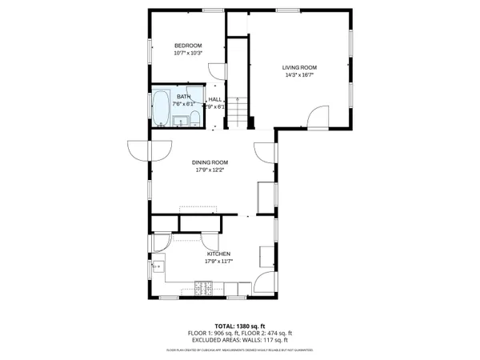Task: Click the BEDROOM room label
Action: (188, 46)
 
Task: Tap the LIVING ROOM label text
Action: (299, 67)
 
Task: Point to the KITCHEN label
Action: (218, 254)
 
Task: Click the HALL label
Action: (215, 99)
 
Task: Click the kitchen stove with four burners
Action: (204, 286)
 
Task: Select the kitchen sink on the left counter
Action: (158, 266)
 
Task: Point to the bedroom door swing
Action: (215, 72)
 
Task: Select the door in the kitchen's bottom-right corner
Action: (264, 284)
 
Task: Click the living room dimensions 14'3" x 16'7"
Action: (299, 74)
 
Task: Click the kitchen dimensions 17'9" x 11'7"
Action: (218, 261)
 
